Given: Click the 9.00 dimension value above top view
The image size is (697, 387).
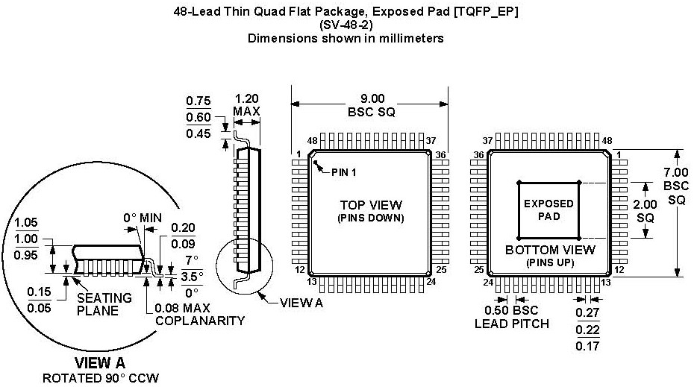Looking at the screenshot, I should (x=372, y=98).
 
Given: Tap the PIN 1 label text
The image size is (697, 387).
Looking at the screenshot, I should (x=344, y=172).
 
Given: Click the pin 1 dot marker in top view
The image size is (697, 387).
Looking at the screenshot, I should (x=316, y=163).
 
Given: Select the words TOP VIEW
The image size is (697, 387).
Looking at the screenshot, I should (x=371, y=205).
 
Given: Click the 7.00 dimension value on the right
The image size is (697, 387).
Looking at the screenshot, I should (x=676, y=172).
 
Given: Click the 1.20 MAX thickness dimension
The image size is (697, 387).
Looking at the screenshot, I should (x=247, y=98).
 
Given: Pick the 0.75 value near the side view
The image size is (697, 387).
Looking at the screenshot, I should (x=199, y=101).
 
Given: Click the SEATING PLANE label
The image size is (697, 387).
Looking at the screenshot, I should (x=105, y=304).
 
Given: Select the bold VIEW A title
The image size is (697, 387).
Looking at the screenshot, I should (x=99, y=363).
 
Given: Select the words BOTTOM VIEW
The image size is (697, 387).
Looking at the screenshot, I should (x=550, y=250).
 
